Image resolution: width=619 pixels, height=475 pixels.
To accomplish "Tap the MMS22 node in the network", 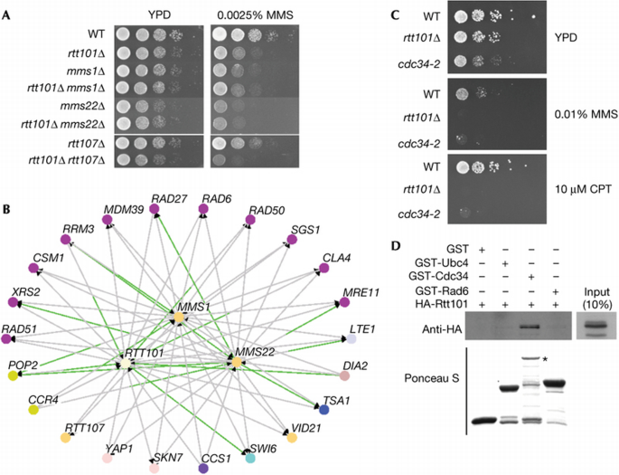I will pos(236,362).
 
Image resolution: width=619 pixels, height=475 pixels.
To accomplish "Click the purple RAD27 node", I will pos(155,233).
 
